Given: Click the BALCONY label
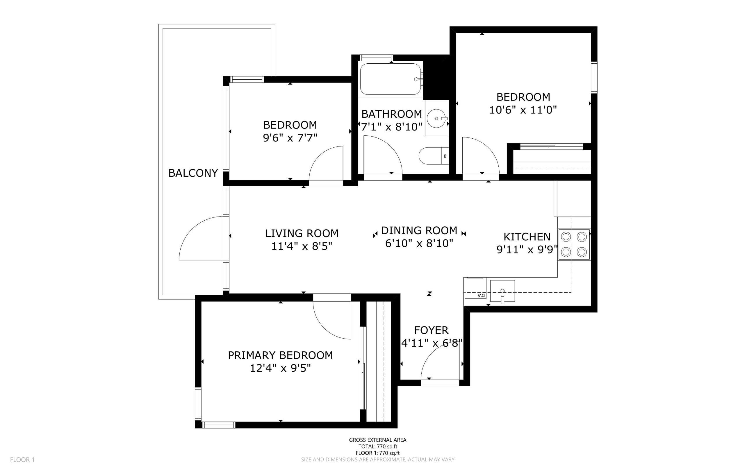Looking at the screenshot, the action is coord(193,173).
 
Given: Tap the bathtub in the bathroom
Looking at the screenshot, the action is coord(391,79).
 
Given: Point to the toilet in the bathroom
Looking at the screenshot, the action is coord(434,156).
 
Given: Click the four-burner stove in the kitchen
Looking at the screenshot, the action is coord(574,244).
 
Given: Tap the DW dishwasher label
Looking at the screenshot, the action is coord(481,295).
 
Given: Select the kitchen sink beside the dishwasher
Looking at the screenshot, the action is coord(502,291).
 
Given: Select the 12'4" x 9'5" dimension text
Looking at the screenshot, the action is coord(280,368).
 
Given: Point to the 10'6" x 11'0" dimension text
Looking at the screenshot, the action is coord(523,110).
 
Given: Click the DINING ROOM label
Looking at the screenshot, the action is coord(419,230).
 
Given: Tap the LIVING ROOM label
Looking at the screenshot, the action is coord(302,233).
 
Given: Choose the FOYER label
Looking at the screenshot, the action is coord(431,330).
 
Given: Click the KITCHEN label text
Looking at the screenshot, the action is coord(527,237).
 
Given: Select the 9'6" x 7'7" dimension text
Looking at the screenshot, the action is coord(290,138).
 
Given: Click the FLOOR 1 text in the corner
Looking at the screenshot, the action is coord(22,460).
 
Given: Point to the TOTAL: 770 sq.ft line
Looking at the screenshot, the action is coord(378,446).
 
